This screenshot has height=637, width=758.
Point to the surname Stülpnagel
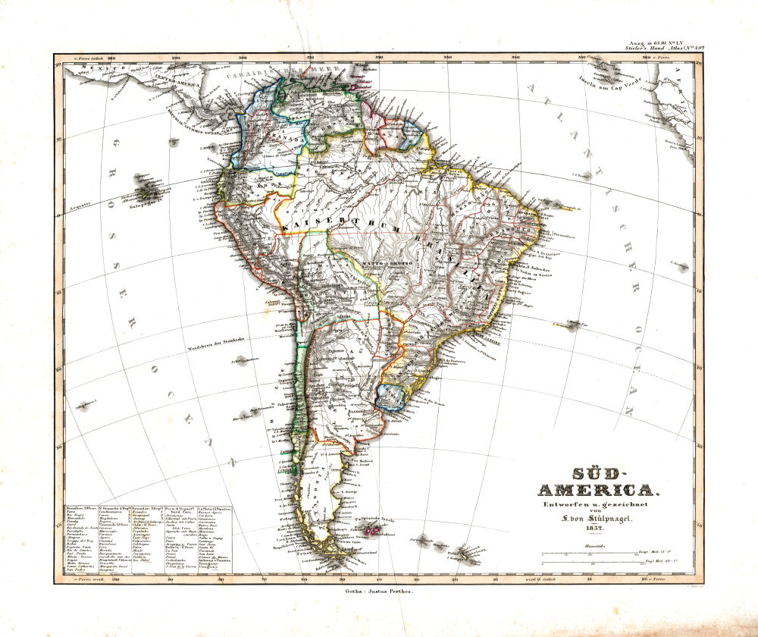613,519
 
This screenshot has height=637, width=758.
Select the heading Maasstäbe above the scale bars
594,545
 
